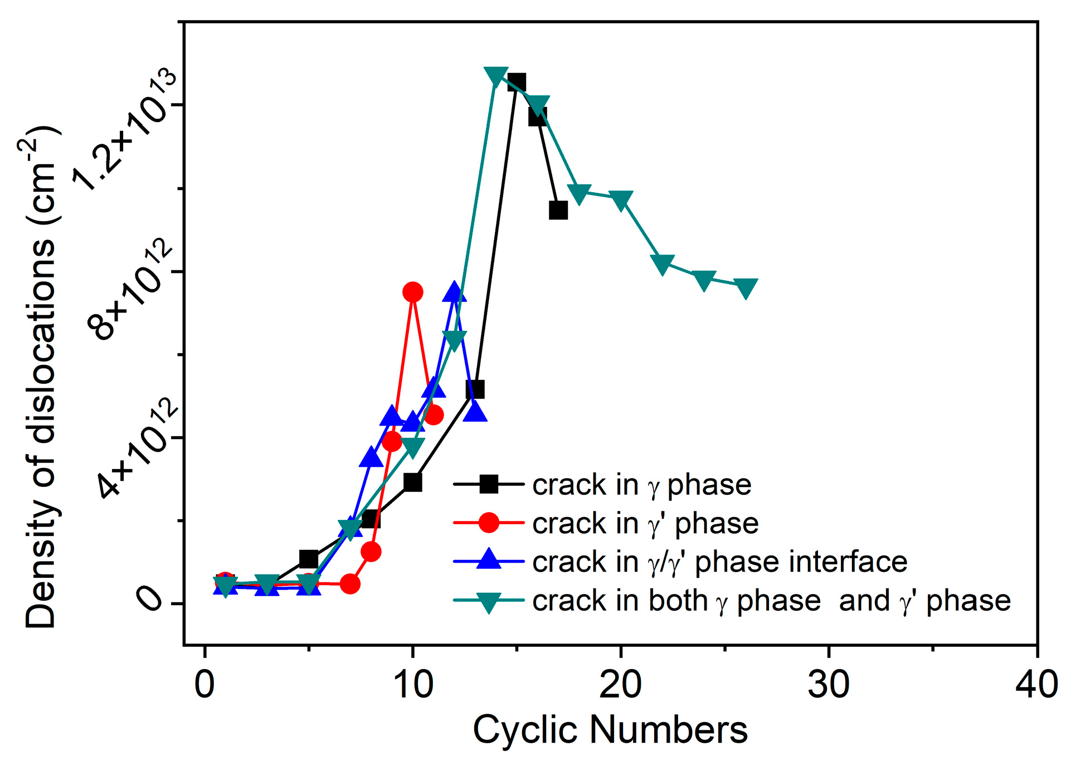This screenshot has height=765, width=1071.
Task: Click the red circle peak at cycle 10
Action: [x=413, y=291]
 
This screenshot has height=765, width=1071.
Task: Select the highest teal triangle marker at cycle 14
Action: [x=496, y=76]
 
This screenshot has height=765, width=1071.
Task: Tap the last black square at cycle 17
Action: [x=558, y=210]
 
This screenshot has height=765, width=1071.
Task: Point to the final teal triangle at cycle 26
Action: [x=746, y=288]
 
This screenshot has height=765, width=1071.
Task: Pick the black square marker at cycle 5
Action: [x=309, y=559]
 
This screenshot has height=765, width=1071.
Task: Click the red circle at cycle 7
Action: [x=350, y=583]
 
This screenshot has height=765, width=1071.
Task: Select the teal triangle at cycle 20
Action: [x=621, y=199]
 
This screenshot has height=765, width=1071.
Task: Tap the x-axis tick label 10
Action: [x=413, y=685]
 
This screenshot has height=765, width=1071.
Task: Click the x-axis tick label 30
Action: [x=829, y=685]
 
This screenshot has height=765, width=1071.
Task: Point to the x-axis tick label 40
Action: [x=1036, y=685]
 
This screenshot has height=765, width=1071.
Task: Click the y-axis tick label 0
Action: [x=149, y=601]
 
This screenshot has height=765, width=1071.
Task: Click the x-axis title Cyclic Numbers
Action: [x=610, y=730]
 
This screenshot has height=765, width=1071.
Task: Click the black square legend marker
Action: [x=489, y=484]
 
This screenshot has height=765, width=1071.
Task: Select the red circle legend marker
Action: [x=489, y=523]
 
